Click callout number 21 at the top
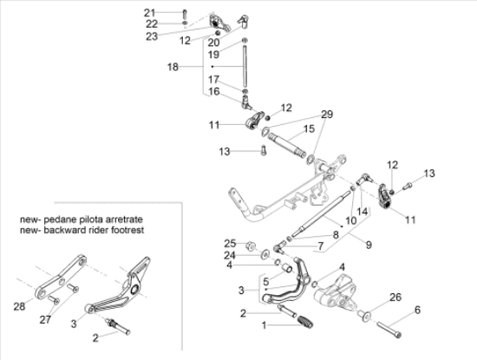149,11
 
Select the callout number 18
172,66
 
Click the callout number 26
396,298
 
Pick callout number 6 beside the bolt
417,310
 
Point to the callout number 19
212,54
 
